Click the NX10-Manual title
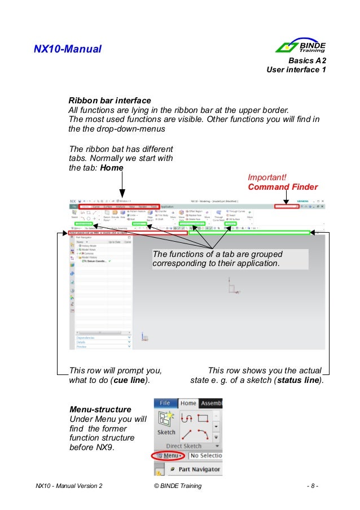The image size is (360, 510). (x=68, y=50)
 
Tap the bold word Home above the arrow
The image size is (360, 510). (x=112, y=168)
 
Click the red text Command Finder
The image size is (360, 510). (x=283, y=187)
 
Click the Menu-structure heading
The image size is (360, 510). (x=100, y=409)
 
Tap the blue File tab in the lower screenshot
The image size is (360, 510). (x=165, y=403)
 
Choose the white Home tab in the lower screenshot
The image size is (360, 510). (x=188, y=403)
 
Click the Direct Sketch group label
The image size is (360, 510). (x=184, y=446)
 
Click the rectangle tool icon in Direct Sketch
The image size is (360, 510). (x=203, y=419)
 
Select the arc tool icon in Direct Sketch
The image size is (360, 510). (x=203, y=434)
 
